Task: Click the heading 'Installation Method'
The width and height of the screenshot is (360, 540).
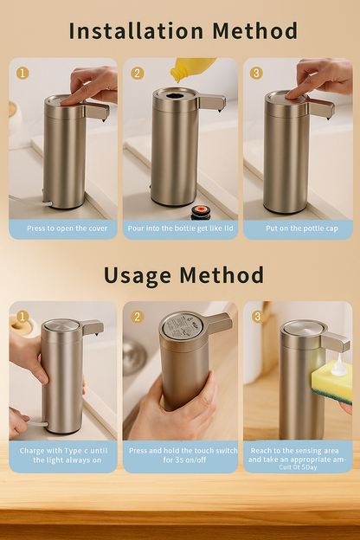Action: tap(183, 31)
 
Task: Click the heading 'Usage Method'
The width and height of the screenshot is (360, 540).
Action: tap(183, 275)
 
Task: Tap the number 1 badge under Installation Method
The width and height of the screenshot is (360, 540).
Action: tap(22, 73)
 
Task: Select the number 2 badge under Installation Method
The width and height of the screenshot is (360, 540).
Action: tap(138, 73)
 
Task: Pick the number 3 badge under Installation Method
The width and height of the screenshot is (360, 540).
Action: tap(256, 73)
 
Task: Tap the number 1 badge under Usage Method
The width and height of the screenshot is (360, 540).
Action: tap(22, 317)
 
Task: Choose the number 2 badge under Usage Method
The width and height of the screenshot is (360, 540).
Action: tap(138, 317)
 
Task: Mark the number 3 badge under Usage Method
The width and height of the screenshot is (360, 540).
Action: tap(256, 317)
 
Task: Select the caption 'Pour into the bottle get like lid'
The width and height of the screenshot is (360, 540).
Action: tap(180, 228)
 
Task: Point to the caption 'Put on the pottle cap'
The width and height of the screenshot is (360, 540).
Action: tap(298, 228)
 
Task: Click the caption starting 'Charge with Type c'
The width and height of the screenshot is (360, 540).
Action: tap(63, 455)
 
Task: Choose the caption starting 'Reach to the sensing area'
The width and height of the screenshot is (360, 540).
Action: tap(298, 454)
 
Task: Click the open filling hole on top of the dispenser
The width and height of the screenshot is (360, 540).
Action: tap(176, 95)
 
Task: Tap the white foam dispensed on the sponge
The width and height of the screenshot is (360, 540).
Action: tap(338, 366)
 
